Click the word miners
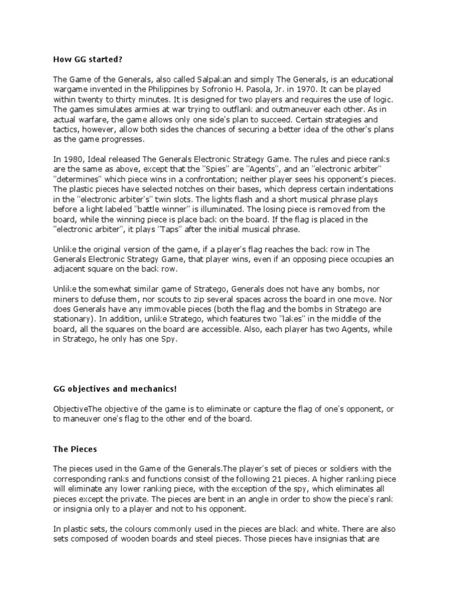tap(65, 299)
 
